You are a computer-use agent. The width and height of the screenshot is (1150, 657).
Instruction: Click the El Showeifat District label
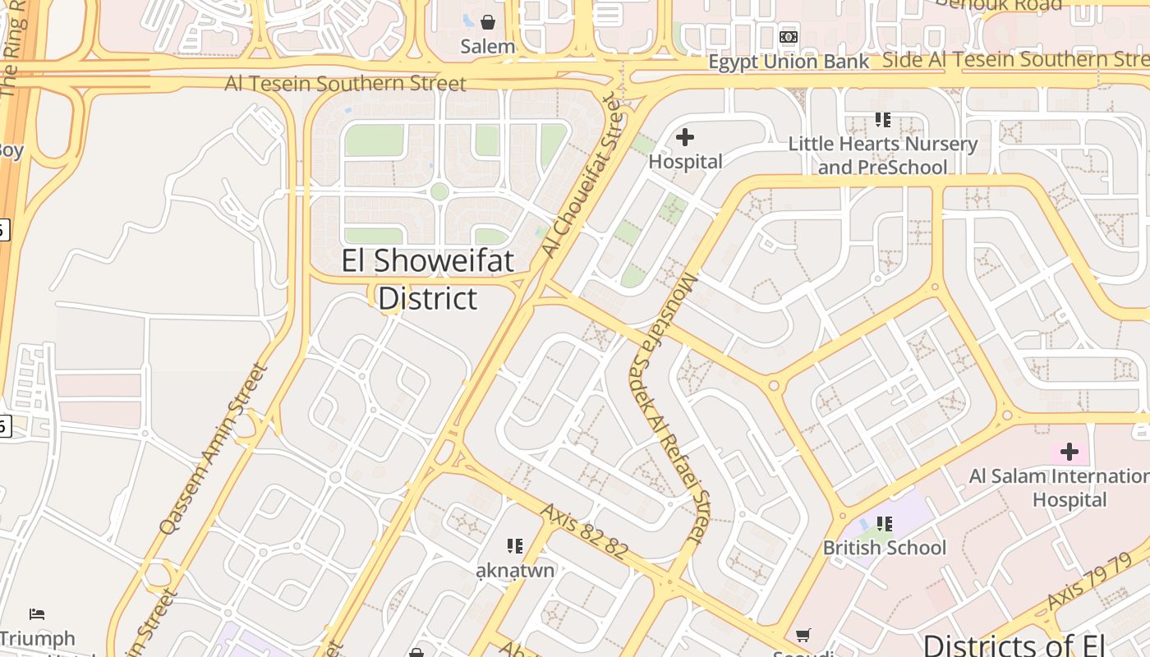click(428, 279)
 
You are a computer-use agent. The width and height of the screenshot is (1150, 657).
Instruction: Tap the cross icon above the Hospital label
click(684, 137)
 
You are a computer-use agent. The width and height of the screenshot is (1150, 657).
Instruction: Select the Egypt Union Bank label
click(789, 62)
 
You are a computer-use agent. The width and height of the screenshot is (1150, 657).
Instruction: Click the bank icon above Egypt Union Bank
click(789, 37)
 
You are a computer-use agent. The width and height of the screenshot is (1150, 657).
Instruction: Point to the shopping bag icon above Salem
click(488, 21)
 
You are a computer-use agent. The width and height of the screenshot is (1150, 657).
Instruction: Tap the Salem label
click(488, 47)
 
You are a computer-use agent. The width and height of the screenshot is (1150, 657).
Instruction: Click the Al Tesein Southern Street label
click(346, 84)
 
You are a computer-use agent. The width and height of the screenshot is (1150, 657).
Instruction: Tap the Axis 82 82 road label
click(584, 531)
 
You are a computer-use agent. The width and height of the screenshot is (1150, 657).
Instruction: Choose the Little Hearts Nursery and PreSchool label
click(883, 155)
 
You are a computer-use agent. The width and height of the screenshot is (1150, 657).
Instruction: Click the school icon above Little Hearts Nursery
click(883, 120)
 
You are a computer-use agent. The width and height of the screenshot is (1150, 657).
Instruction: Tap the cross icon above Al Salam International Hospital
click(1069, 451)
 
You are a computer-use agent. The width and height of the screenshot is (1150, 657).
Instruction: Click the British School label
click(885, 548)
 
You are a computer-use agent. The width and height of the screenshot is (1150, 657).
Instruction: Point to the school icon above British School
click(885, 523)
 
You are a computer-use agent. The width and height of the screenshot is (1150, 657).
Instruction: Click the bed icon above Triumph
click(37, 613)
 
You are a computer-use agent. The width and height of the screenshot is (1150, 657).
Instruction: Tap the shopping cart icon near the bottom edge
click(803, 635)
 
